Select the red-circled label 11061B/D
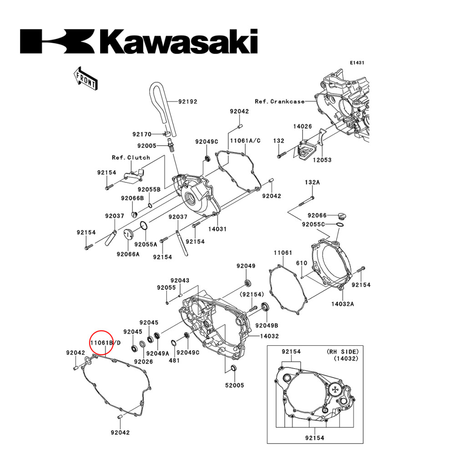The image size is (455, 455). click(x=105, y=343)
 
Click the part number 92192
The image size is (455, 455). click(x=187, y=101)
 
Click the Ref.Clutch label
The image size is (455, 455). click(x=131, y=157)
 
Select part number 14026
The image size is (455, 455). click(x=302, y=126)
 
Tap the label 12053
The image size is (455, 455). click(x=322, y=160)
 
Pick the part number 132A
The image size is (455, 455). click(x=312, y=182)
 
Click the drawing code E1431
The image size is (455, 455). click(x=357, y=63)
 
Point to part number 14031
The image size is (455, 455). click(x=217, y=229)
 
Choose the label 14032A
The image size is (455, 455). click(x=343, y=303)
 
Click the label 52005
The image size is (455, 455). click(x=234, y=385)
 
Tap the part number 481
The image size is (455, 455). click(x=174, y=360)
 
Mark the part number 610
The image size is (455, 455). click(x=302, y=263)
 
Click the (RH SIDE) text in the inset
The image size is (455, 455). click(x=343, y=351)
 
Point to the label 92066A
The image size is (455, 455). click(x=128, y=254)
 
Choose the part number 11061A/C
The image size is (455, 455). click(x=245, y=141)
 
